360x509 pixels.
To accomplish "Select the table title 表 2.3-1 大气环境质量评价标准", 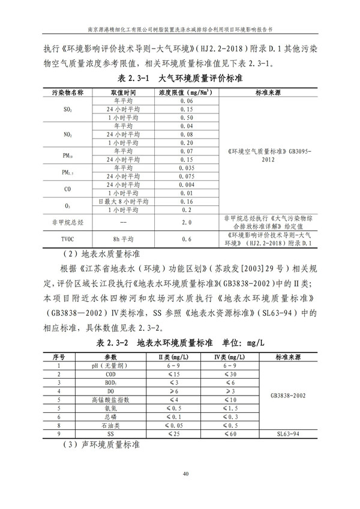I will (x=180, y=79).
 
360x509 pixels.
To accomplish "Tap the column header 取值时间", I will (x=124, y=93).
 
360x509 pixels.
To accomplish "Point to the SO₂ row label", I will (x=68, y=110).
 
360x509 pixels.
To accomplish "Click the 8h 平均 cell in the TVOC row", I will (x=124, y=239).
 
